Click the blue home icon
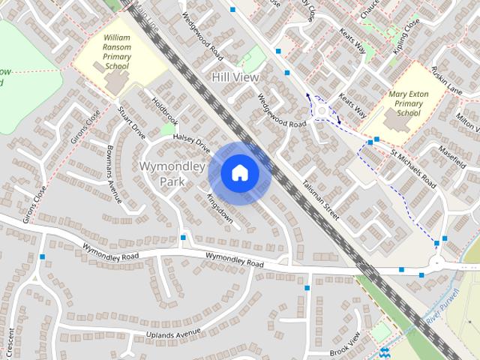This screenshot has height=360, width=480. pos(239,173)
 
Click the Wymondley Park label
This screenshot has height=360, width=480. pos(172,173)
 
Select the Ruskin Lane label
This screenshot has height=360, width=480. pos(445,80)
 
